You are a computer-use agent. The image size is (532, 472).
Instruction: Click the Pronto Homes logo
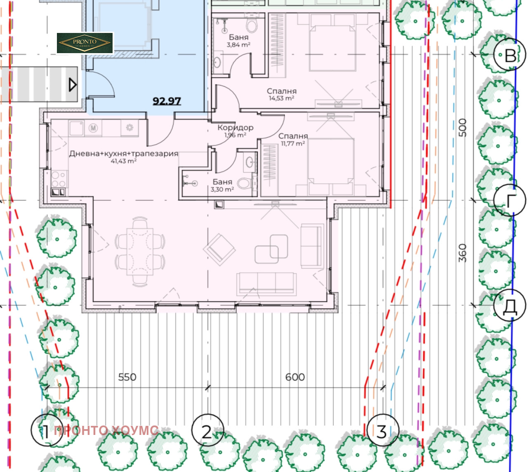(x=85, y=43)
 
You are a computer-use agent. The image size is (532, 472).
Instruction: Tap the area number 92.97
(x=167, y=101)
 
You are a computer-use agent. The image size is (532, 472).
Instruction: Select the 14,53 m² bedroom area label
(x=281, y=98)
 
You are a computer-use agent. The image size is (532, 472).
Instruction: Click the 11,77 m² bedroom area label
(x=292, y=144)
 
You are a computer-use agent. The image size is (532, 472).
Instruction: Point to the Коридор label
(x=235, y=128)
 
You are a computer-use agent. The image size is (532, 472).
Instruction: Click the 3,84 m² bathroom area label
(x=238, y=45)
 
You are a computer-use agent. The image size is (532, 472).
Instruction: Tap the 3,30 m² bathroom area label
(x=222, y=189)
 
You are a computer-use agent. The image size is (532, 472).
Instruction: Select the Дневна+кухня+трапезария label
(x=124, y=154)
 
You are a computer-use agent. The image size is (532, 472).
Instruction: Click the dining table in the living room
(x=140, y=252)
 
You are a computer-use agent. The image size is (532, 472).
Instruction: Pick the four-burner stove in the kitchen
(x=59, y=179)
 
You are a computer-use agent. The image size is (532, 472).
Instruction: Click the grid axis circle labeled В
(x=510, y=54)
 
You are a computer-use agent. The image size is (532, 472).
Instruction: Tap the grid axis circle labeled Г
(x=510, y=200)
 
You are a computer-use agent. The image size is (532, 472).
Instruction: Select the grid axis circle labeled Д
(x=510, y=305)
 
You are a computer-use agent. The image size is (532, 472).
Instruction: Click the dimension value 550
(x=127, y=377)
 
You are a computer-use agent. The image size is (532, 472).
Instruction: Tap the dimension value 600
(x=295, y=377)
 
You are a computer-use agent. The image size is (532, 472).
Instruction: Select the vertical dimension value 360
(x=462, y=253)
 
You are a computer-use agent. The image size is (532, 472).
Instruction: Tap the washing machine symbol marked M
(x=93, y=128)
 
